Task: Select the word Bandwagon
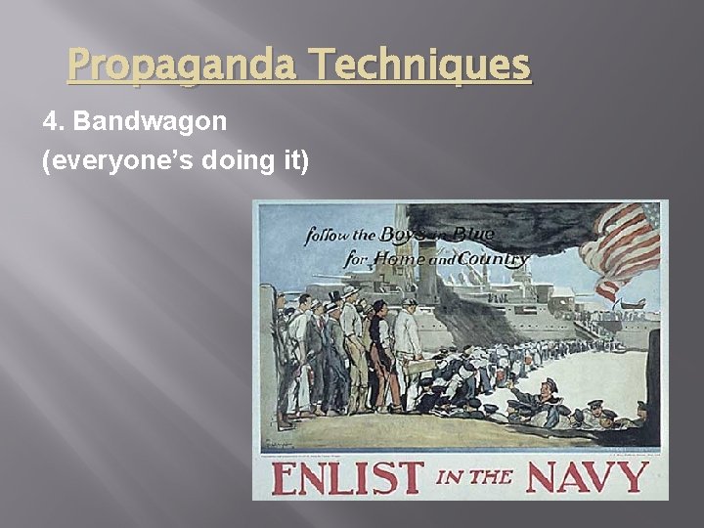(151, 122)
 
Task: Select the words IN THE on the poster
(474, 478)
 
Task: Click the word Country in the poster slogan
(493, 259)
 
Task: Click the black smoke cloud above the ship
(489, 220)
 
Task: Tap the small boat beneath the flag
(630, 306)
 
